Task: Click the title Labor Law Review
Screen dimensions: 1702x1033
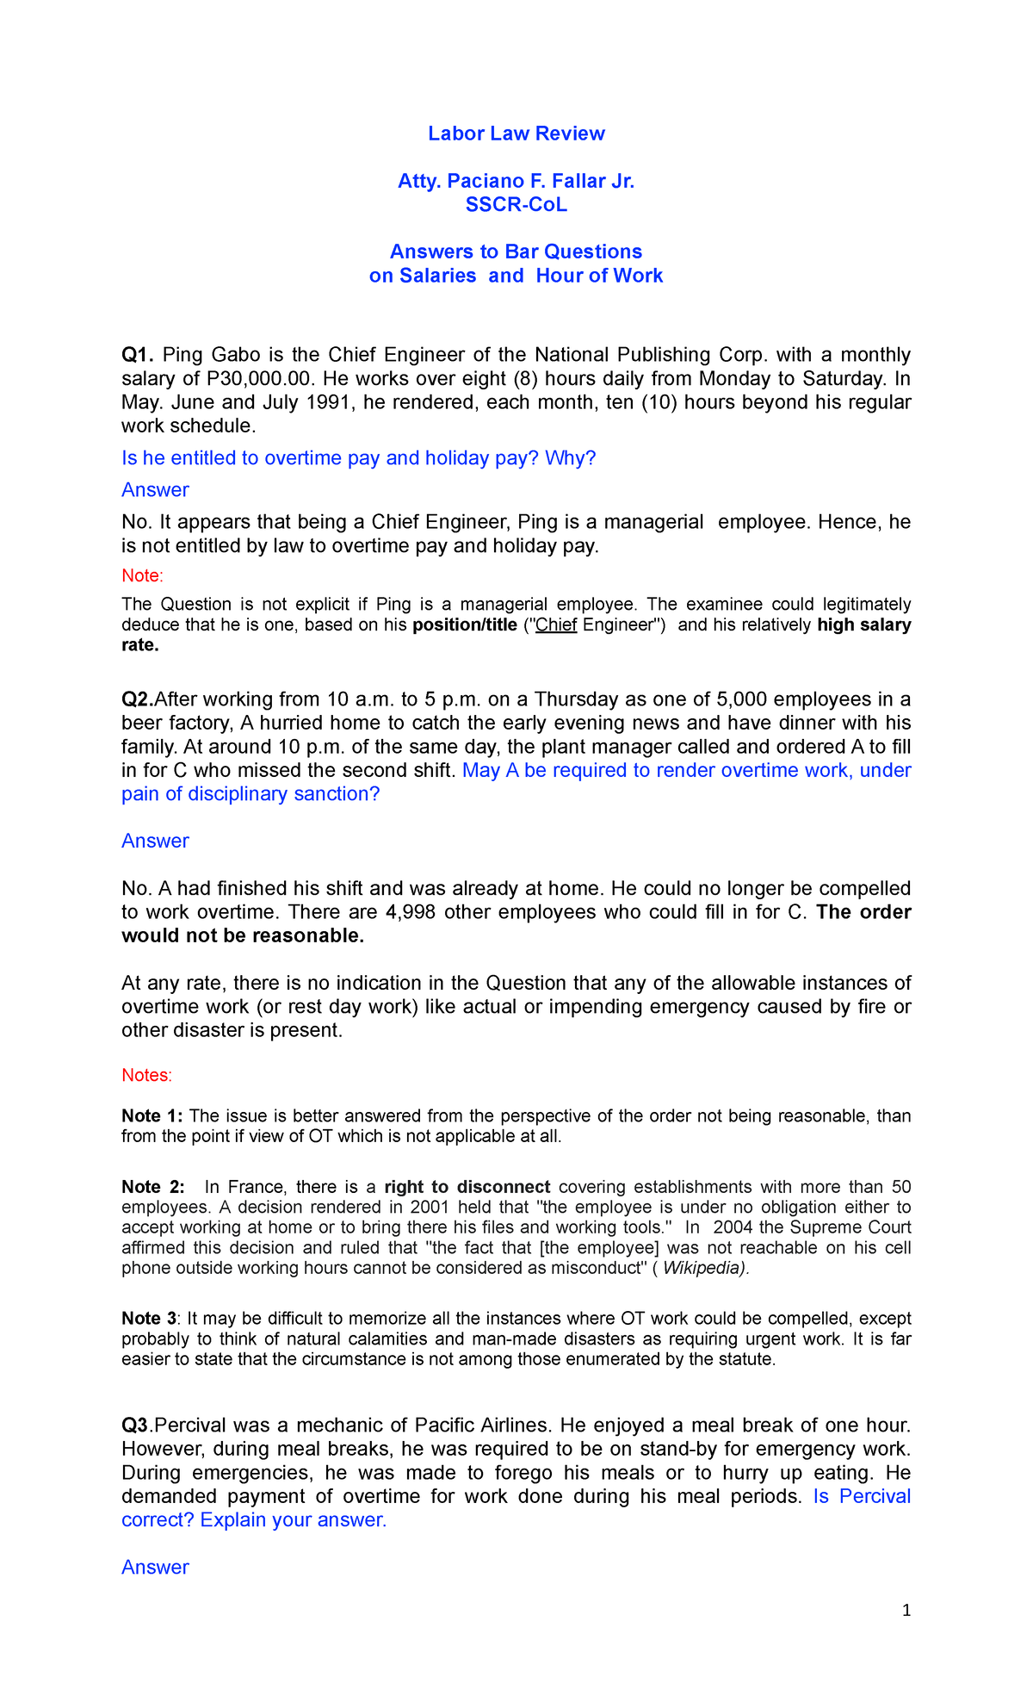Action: (x=516, y=134)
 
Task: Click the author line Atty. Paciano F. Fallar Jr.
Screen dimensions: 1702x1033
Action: (x=516, y=181)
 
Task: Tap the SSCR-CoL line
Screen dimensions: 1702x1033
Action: (x=516, y=205)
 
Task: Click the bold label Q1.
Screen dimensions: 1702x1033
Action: (x=138, y=355)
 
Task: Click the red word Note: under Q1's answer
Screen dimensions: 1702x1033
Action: (x=142, y=575)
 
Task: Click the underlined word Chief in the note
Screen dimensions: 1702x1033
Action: (x=556, y=625)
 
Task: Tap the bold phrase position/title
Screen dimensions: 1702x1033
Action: (x=465, y=625)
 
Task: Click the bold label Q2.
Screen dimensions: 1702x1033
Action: (x=138, y=699)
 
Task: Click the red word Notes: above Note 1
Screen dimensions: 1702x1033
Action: (x=146, y=1075)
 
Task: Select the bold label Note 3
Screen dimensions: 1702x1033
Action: (x=151, y=1319)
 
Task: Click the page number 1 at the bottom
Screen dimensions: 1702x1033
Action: (x=906, y=1611)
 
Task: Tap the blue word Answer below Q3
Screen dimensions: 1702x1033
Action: (x=155, y=1568)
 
